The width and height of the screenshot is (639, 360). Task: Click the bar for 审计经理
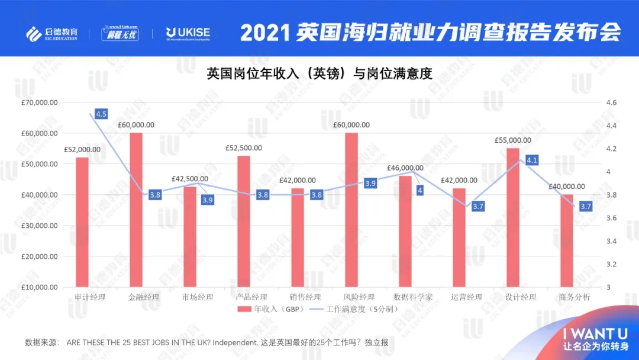pyautogui.click(x=82, y=222)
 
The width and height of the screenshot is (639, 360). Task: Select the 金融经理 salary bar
pyautogui.click(x=136, y=210)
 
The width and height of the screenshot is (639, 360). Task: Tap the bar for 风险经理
pyautogui.click(x=351, y=210)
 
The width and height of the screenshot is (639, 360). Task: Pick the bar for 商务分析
pyautogui.click(x=567, y=241)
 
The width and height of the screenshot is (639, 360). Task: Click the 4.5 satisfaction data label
pyautogui.click(x=101, y=114)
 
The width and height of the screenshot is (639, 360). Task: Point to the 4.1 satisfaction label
pyautogui.click(x=531, y=160)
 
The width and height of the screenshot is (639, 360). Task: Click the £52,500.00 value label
pyautogui.click(x=244, y=148)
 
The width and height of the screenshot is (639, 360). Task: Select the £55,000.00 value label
pyautogui.click(x=513, y=140)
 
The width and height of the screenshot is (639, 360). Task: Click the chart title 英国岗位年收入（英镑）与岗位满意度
pyautogui.click(x=319, y=74)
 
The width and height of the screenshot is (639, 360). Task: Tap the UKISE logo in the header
pyautogui.click(x=188, y=33)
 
